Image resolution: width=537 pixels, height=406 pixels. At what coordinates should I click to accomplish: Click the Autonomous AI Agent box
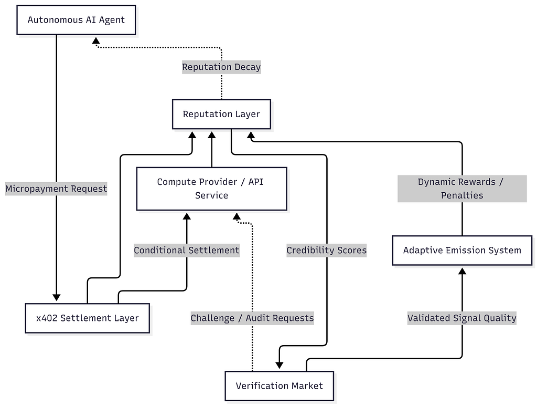click(x=76, y=20)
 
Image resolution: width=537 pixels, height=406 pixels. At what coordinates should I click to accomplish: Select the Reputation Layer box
click(x=221, y=114)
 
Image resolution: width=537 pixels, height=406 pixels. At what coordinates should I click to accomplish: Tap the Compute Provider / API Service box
click(x=212, y=189)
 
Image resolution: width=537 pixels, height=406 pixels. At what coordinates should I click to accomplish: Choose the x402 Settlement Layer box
click(x=88, y=318)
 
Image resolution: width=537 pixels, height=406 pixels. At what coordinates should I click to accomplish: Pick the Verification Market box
click(x=279, y=386)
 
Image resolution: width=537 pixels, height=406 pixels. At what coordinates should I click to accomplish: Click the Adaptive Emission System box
click(x=462, y=251)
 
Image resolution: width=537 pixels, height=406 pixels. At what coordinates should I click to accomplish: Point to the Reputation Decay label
click(x=221, y=67)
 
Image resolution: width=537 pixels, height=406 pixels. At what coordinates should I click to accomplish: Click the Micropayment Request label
click(x=56, y=189)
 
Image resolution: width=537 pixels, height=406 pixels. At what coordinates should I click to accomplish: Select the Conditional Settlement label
click(x=187, y=251)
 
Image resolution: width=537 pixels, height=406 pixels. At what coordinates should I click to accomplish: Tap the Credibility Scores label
click(x=326, y=251)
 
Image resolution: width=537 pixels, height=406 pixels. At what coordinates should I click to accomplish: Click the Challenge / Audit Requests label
click(x=252, y=318)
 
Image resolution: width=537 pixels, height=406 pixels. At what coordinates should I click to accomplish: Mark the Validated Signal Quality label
click(x=462, y=318)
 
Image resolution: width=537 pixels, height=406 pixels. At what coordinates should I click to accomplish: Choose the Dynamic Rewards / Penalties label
click(x=462, y=189)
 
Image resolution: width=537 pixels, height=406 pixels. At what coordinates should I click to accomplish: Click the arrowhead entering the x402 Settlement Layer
click(x=57, y=297)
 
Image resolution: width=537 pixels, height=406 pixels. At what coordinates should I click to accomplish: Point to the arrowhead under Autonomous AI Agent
click(x=96, y=41)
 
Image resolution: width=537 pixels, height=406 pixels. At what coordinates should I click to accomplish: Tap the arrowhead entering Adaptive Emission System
click(x=463, y=271)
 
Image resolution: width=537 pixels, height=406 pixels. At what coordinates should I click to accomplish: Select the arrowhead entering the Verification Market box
click(x=280, y=365)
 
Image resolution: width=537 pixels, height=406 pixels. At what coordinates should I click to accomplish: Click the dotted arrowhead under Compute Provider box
click(x=237, y=216)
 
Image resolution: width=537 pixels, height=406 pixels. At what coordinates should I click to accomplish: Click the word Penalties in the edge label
click(x=462, y=195)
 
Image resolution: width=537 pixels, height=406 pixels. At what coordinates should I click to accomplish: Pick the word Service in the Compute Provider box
click(x=212, y=195)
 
